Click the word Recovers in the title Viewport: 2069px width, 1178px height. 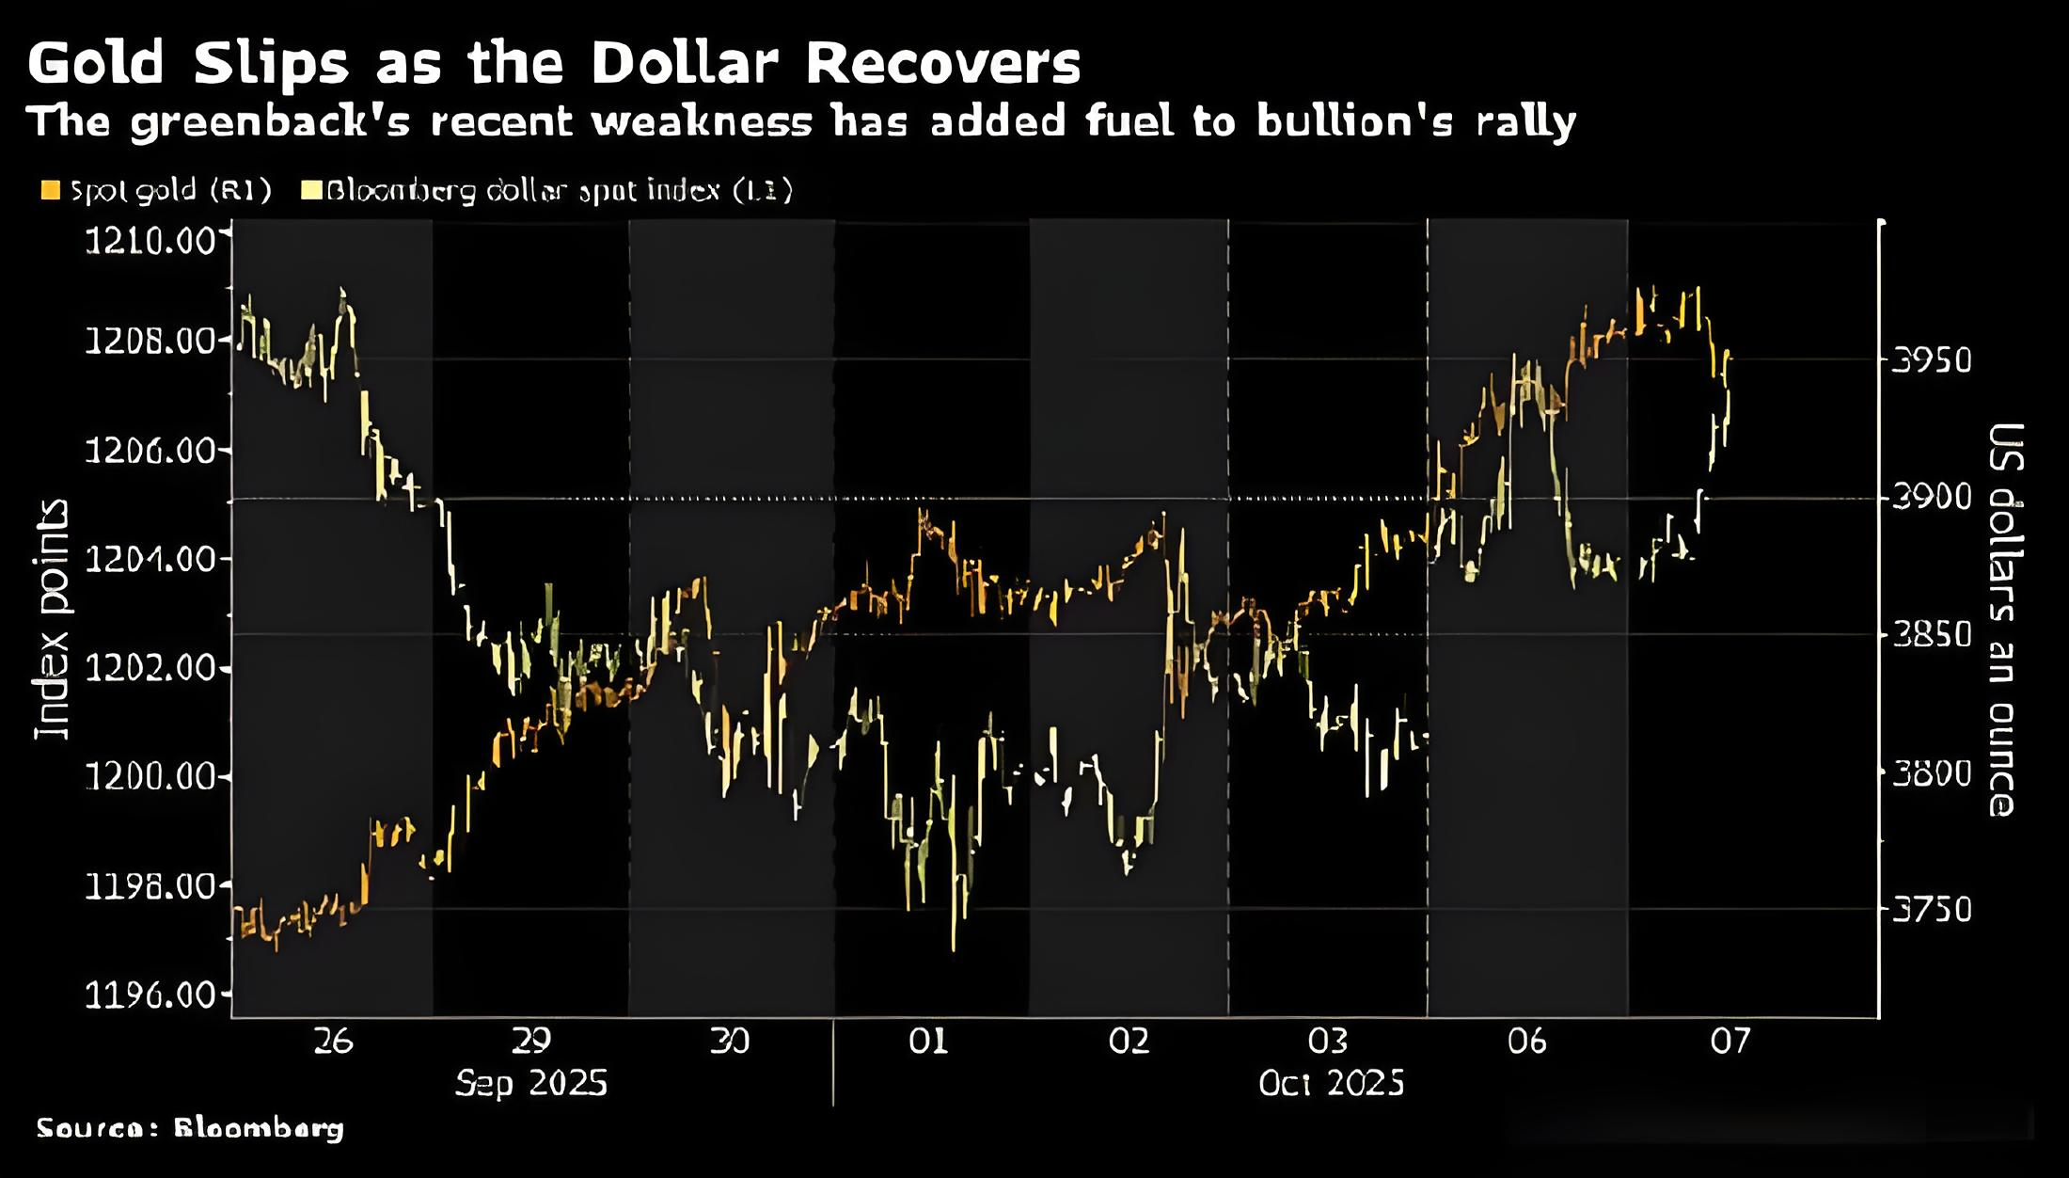[942, 63]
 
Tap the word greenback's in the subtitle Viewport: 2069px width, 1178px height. [270, 122]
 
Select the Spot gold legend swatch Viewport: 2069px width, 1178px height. [51, 191]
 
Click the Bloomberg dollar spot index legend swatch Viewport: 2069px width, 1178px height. [310, 191]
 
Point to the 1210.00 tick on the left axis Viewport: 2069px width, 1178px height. [150, 242]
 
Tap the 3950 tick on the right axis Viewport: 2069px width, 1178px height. [1930, 360]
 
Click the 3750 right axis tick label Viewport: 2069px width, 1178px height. [1930, 910]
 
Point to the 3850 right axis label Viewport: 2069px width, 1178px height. [1930, 635]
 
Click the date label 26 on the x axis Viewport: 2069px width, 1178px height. [333, 1041]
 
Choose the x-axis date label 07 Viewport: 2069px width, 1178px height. [1729, 1041]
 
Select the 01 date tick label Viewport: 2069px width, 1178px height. [928, 1041]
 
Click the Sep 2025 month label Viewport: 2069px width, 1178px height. [531, 1083]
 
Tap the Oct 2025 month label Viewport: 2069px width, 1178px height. [1331, 1083]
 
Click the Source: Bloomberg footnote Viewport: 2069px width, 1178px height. [190, 1127]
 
